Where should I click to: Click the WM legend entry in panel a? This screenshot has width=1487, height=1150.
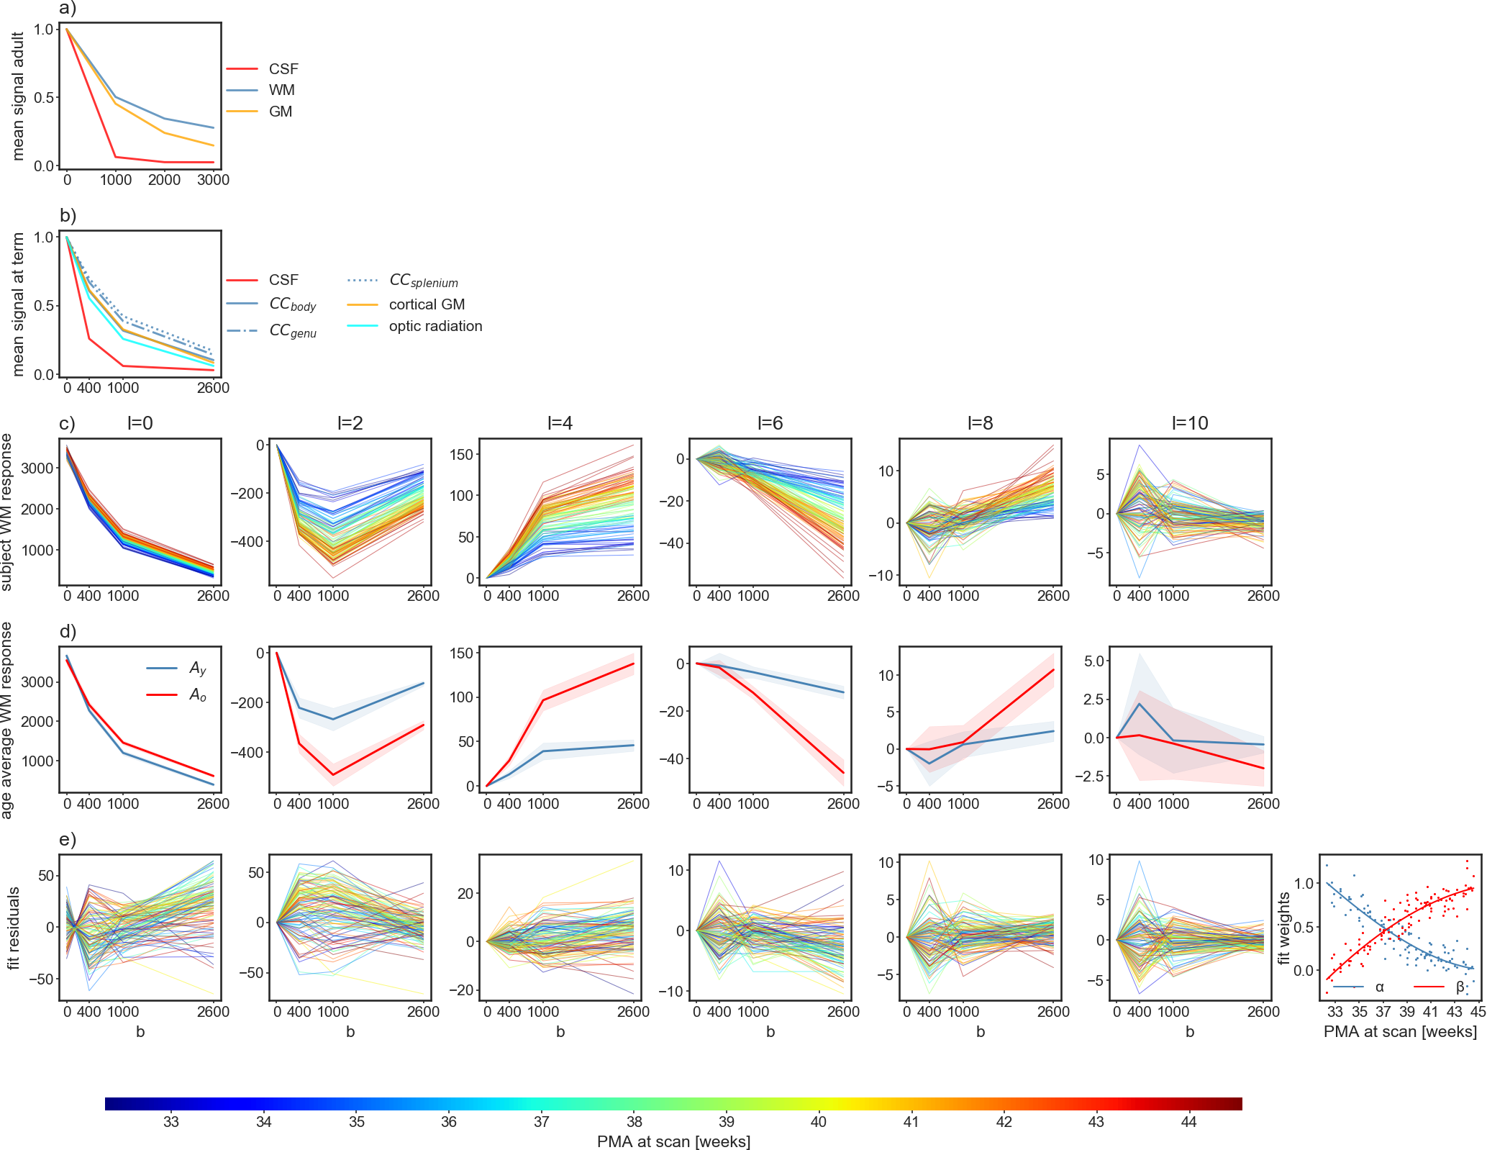coord(281,90)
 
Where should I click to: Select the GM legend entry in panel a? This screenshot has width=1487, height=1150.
coord(280,112)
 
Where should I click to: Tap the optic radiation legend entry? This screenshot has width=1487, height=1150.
coord(435,326)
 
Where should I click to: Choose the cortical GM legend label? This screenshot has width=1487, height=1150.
coord(427,304)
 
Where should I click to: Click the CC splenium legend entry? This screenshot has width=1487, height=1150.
coord(423,281)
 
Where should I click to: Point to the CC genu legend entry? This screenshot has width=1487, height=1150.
coord(292,330)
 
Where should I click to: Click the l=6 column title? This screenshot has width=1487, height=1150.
coord(770,423)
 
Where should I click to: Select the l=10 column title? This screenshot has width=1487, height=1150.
coord(1190,423)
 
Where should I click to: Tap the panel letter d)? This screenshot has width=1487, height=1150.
coord(68,631)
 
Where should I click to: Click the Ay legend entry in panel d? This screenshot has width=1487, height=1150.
coord(197,669)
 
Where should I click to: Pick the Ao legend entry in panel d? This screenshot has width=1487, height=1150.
coord(197,694)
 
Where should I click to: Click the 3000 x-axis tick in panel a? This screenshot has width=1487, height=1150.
coord(213,180)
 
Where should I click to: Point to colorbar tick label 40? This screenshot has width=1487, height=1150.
coord(819,1121)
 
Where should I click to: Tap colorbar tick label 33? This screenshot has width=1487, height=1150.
coord(171,1121)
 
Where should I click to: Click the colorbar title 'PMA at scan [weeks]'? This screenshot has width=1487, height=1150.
coord(673,1141)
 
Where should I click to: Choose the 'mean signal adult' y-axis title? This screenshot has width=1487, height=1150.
coord(19,96)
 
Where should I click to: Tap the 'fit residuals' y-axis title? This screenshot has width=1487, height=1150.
coord(14,928)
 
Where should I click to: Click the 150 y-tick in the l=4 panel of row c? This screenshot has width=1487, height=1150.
coord(462,454)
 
